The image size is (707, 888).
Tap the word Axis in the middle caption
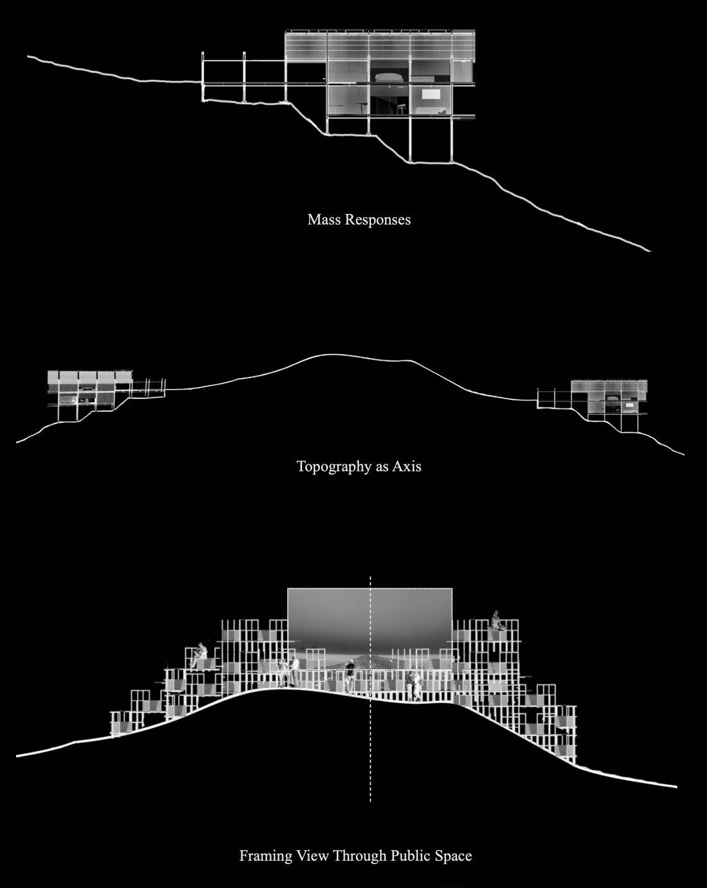point(407,466)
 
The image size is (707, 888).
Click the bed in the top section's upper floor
point(389,77)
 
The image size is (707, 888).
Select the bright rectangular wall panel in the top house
point(431,94)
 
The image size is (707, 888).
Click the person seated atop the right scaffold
point(496,620)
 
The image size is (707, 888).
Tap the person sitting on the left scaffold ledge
point(200,655)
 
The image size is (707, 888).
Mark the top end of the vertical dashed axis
point(370,578)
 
